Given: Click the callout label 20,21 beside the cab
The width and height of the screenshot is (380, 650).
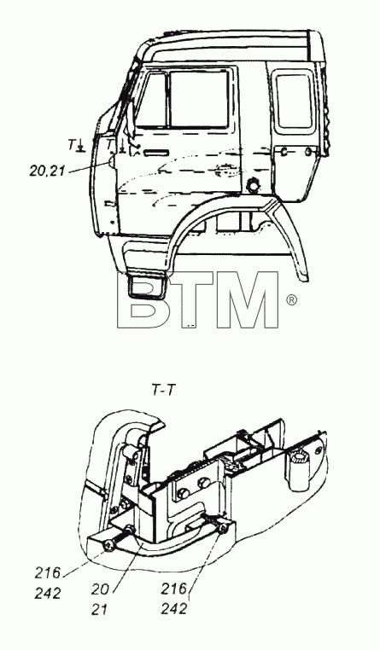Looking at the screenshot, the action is [x=47, y=170].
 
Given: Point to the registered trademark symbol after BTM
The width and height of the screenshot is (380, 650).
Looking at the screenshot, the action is [x=292, y=300].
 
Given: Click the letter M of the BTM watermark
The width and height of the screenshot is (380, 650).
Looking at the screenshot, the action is [x=248, y=300].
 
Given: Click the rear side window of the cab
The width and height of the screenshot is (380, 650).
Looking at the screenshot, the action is [x=293, y=101].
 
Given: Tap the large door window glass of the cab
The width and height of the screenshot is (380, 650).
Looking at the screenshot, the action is [x=199, y=98].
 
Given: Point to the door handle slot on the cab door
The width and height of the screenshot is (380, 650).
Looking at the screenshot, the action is [x=156, y=153].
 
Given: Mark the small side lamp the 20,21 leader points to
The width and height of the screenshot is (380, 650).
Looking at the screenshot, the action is [x=112, y=160].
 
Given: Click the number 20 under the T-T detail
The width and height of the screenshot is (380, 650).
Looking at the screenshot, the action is [x=100, y=589].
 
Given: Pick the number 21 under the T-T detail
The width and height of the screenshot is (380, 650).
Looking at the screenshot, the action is [x=99, y=609].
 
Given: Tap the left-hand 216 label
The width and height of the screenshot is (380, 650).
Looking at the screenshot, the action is [x=48, y=573].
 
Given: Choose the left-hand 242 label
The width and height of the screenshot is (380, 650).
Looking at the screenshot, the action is [x=48, y=593].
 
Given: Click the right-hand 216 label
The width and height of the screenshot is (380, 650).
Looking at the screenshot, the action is [x=174, y=589].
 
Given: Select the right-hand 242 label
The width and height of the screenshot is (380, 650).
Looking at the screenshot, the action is [x=174, y=609].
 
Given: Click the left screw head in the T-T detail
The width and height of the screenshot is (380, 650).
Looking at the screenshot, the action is [x=110, y=546].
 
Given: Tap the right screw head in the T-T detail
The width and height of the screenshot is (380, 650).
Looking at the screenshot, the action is [x=224, y=528].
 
